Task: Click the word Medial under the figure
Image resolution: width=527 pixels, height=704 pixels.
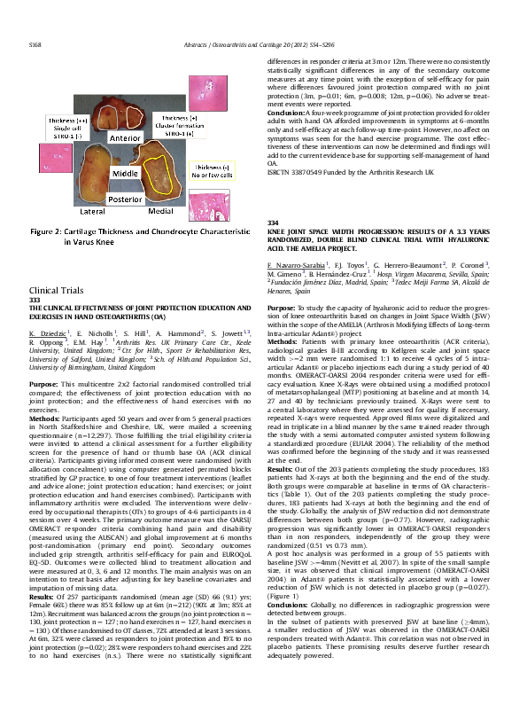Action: [x=161, y=214]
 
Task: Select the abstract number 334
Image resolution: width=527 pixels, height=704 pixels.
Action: [x=273, y=221]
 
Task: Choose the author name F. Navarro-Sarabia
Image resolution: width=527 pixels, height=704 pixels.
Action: [x=296, y=264]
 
